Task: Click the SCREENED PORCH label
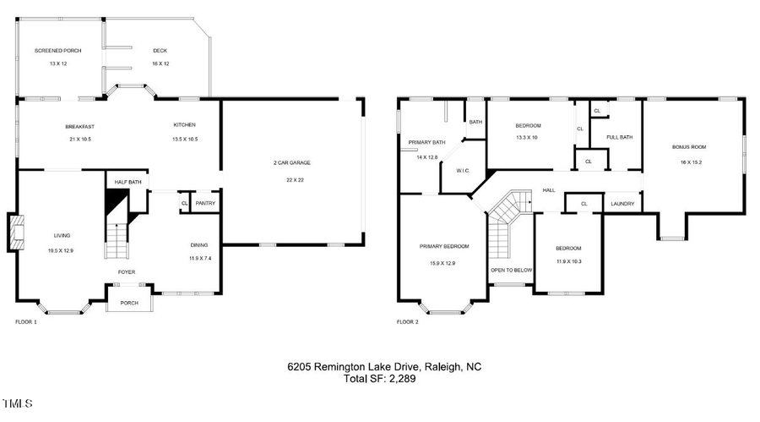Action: pyautogui.click(x=58, y=51)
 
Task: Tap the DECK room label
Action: pyautogui.click(x=160, y=51)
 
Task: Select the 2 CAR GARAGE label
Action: pyautogui.click(x=288, y=162)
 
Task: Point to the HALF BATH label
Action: pyautogui.click(x=127, y=182)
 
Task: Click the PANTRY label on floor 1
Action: pyautogui.click(x=205, y=203)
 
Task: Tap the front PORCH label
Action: pyautogui.click(x=129, y=303)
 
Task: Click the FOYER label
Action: pyautogui.click(x=126, y=271)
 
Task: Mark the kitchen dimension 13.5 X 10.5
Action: pyautogui.click(x=185, y=139)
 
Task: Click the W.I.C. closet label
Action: pyautogui.click(x=463, y=171)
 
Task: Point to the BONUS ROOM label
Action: pyautogui.click(x=688, y=147)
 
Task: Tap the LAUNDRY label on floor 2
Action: pyautogui.click(x=622, y=203)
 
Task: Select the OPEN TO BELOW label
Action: pyautogui.click(x=511, y=271)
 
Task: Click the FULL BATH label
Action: pyautogui.click(x=619, y=137)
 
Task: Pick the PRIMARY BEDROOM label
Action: pyautogui.click(x=444, y=246)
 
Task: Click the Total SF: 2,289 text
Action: pyautogui.click(x=379, y=379)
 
